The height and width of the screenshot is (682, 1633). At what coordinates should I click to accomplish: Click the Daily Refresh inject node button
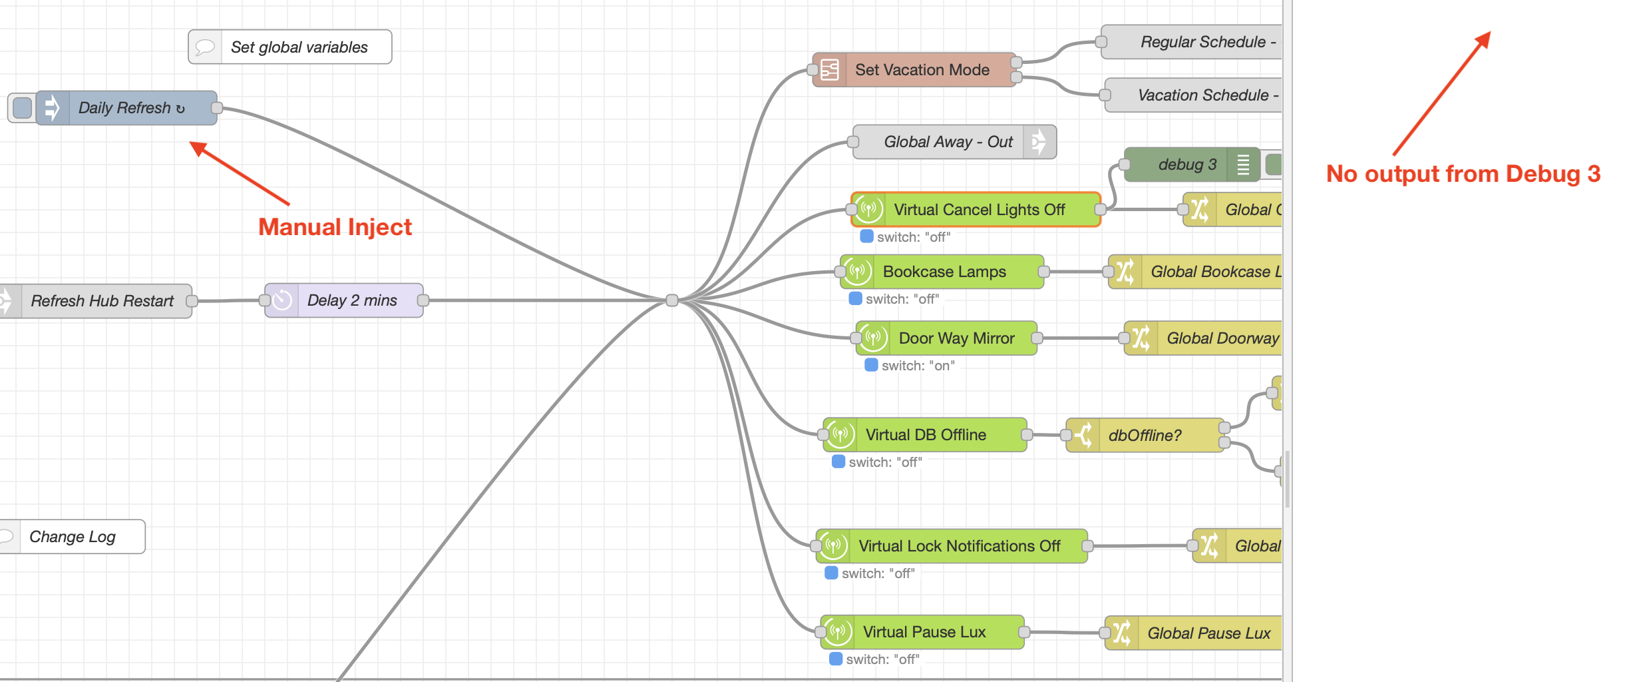pos(22,108)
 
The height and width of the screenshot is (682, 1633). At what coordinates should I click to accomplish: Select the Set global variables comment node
pos(298,47)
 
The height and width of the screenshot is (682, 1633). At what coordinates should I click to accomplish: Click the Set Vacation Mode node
pos(921,70)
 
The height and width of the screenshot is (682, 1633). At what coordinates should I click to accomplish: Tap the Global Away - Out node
pos(947,142)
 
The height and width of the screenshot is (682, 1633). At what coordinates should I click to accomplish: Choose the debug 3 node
pos(1186,165)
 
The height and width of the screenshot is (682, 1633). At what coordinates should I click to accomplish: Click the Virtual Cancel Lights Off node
pos(978,210)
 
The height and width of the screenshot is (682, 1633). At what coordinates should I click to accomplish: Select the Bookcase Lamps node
pos(944,272)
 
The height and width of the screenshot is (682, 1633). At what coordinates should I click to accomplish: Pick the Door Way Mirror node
pos(956,338)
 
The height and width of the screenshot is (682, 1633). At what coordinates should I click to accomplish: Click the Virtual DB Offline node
pos(925,435)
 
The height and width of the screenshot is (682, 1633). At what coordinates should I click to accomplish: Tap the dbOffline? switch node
pos(1145,436)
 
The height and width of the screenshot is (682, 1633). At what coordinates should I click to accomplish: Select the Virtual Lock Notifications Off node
pos(958,546)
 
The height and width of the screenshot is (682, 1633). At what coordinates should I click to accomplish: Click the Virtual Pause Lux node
pos(924,632)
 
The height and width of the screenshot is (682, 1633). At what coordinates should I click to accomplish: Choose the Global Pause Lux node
pos(1208,633)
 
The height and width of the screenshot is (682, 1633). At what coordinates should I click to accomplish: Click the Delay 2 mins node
pos(351,300)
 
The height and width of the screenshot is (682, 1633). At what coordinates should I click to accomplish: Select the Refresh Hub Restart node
pos(101,301)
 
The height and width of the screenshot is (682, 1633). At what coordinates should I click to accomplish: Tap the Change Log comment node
pos(72,537)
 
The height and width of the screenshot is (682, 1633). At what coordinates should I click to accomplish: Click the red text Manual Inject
pos(335,227)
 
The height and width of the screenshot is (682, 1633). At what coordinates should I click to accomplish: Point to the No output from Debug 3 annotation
pos(1463,174)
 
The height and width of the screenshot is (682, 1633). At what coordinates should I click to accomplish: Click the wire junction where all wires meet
pos(672,300)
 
